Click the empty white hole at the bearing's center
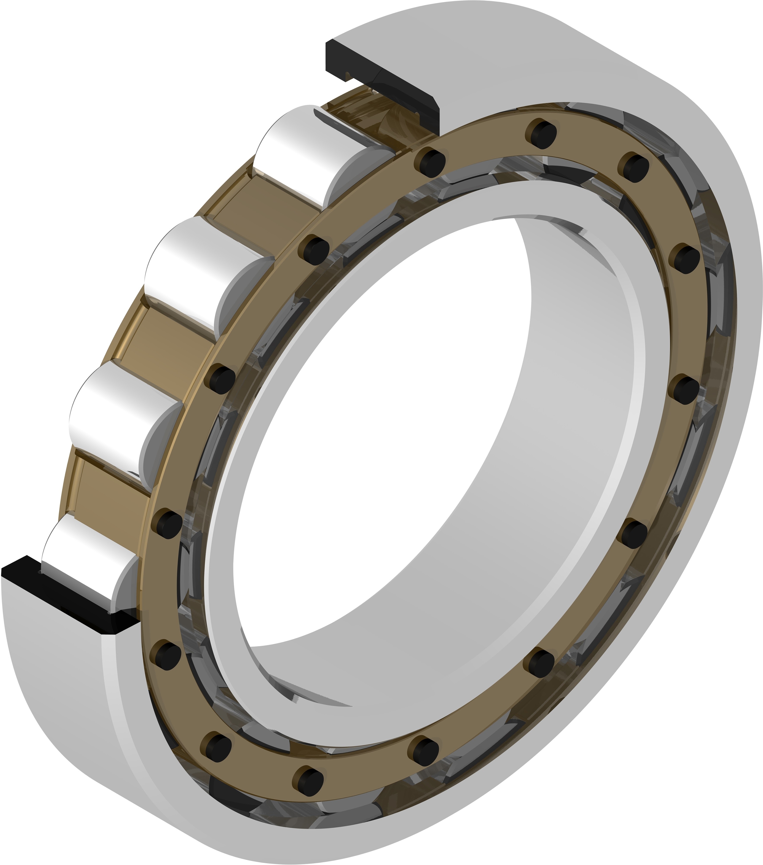click(x=381, y=423)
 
